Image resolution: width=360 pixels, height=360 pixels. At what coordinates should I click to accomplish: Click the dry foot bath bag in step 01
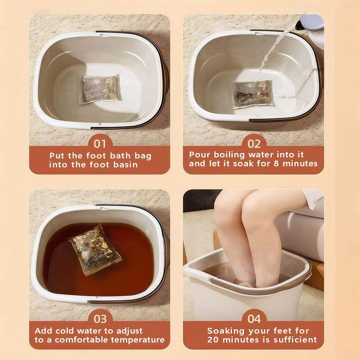100,89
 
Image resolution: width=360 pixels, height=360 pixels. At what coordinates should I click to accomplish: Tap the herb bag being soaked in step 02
252,94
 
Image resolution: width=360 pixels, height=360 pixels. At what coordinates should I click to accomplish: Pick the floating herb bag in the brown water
95,250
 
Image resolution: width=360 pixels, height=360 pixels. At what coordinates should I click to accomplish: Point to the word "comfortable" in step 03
81,340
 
